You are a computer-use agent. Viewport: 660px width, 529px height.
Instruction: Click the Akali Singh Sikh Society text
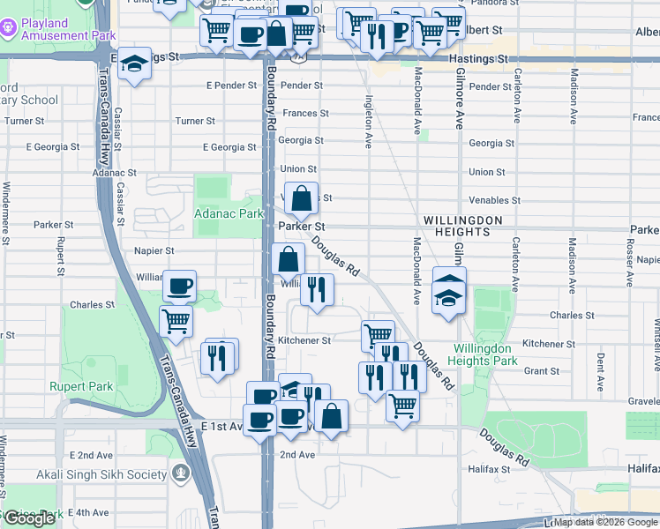coord(101,474)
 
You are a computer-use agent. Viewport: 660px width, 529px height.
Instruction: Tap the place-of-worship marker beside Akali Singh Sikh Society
coord(182,474)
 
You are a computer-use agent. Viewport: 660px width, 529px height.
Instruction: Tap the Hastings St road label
coord(479,57)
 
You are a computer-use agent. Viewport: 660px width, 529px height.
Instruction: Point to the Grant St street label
coord(542,371)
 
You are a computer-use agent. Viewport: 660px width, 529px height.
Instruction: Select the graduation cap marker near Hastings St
coord(134,64)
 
